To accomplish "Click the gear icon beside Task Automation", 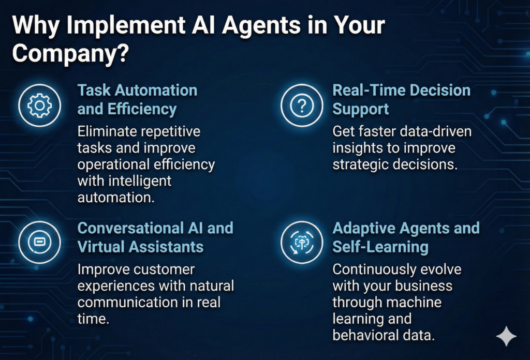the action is (x=39, y=106).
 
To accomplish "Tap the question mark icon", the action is (x=302, y=106).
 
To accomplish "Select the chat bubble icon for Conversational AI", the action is (x=39, y=242).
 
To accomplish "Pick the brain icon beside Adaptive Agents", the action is (x=302, y=242).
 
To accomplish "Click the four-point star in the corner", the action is (x=506, y=336).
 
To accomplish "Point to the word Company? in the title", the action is (x=70, y=53).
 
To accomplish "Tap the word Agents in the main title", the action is (x=261, y=26).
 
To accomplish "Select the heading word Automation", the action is (x=157, y=91).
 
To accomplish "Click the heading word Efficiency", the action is (x=142, y=110).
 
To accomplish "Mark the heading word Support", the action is (x=361, y=110).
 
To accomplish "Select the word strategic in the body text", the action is (x=360, y=165).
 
